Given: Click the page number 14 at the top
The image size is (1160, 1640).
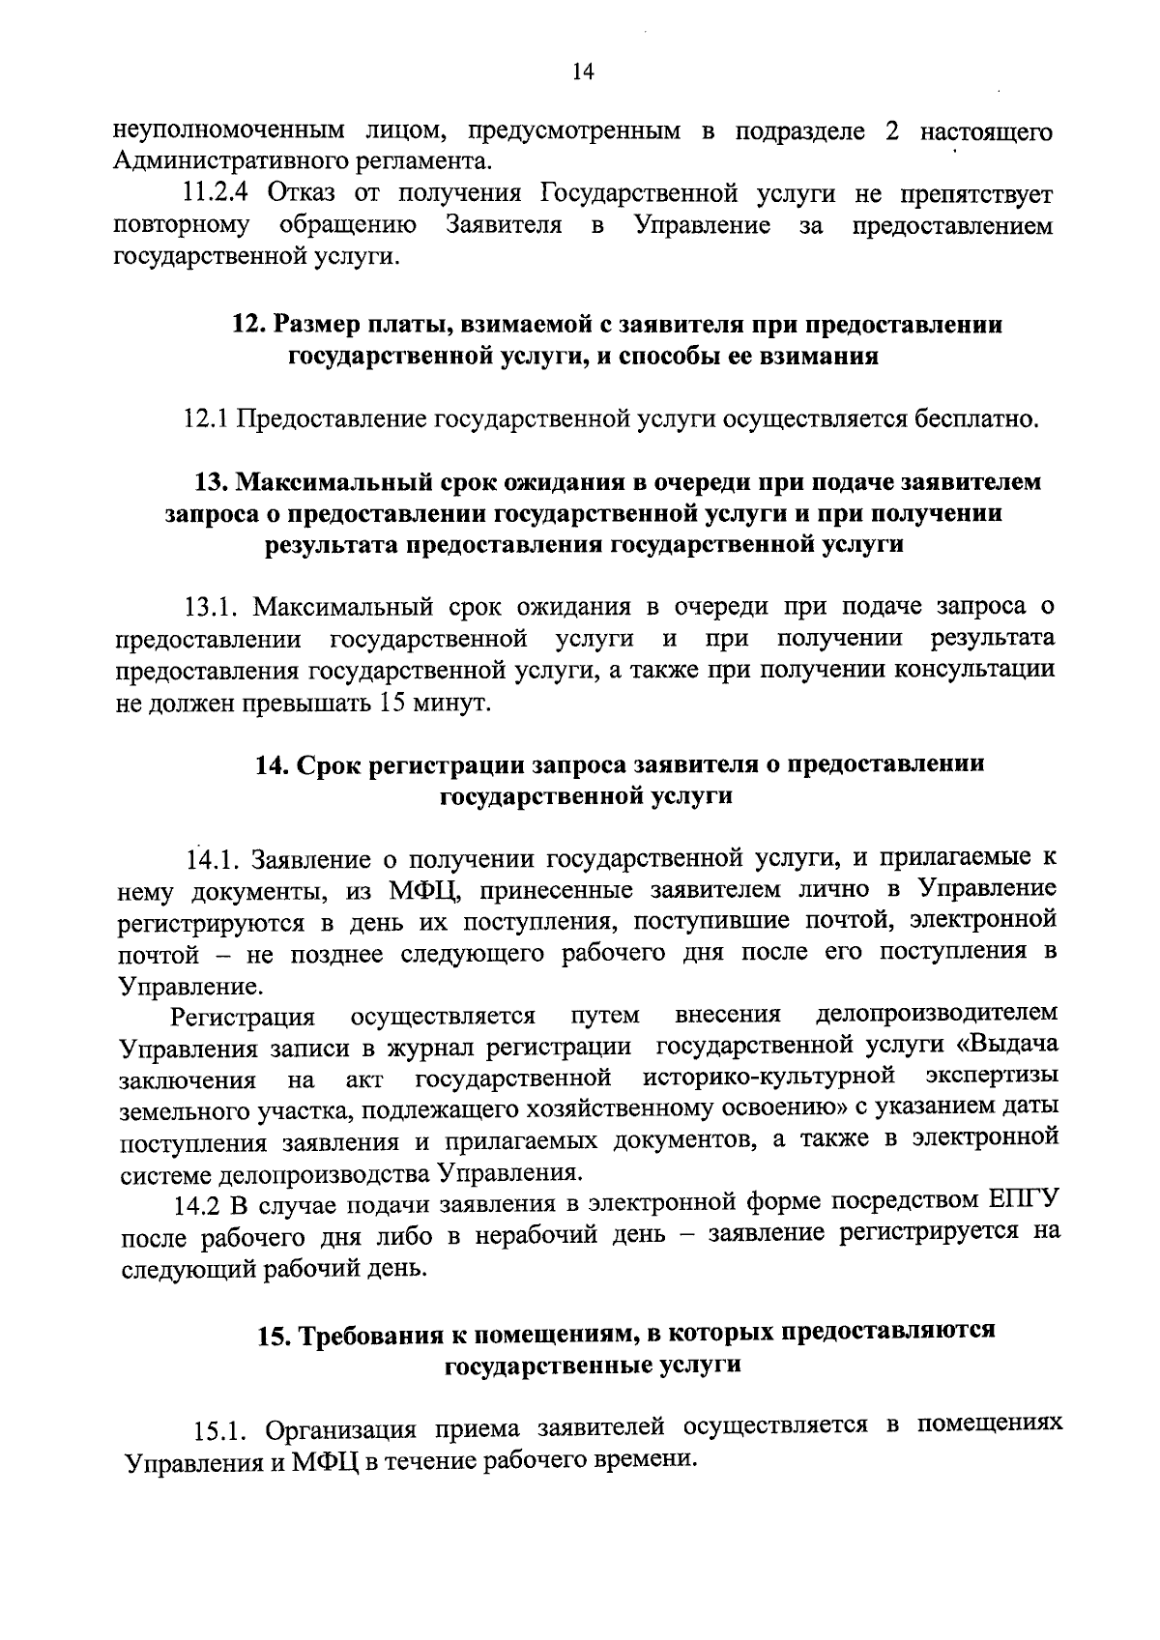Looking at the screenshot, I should click(x=580, y=72).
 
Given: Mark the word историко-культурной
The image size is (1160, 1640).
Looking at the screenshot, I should click(x=766, y=1077).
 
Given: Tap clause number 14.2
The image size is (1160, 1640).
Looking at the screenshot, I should click(x=197, y=1205).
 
